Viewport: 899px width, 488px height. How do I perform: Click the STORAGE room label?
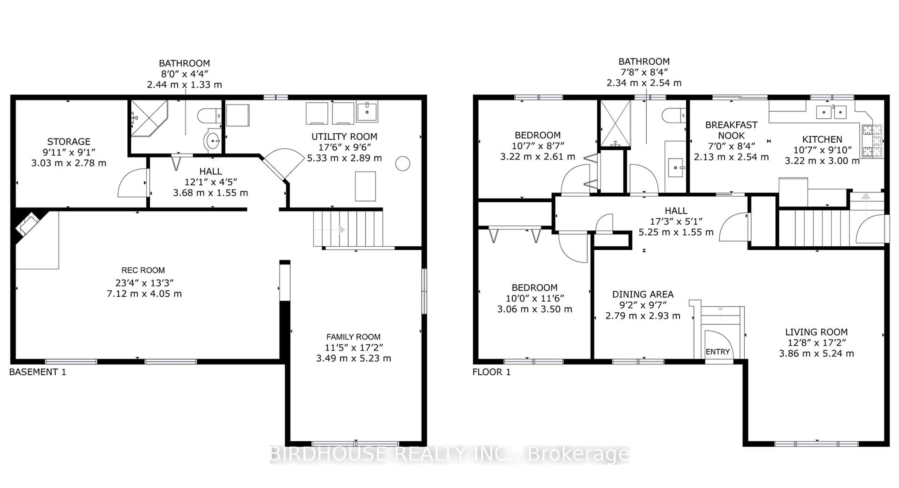coord(69,142)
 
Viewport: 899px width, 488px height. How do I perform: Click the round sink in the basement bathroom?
coord(212,141)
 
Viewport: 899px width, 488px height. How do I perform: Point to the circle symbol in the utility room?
coord(402,163)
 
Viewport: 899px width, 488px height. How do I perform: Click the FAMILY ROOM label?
coord(353,337)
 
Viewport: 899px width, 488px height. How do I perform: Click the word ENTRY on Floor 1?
coord(718,352)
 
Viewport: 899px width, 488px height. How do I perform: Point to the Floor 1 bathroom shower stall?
coord(615,123)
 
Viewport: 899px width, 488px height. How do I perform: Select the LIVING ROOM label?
coord(816,332)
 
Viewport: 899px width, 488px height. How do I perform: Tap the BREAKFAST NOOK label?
coord(731,130)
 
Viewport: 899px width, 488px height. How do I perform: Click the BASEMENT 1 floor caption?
coord(38,372)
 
